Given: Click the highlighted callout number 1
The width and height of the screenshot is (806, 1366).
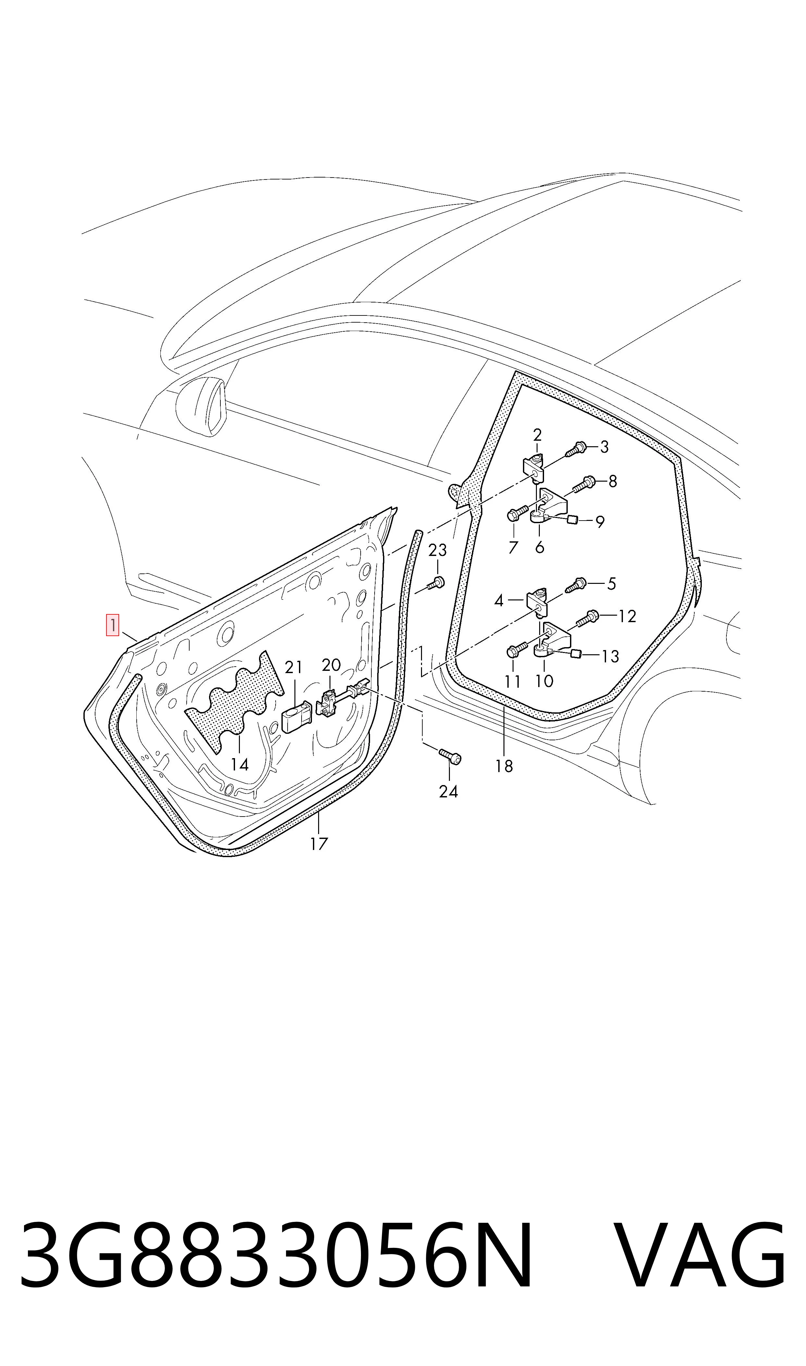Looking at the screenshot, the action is point(112,625).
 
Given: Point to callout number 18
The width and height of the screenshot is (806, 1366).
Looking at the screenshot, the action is point(504,766).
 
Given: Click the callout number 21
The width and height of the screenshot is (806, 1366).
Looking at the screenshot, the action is point(293,667).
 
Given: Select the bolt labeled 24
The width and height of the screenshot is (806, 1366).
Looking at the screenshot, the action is point(450,756).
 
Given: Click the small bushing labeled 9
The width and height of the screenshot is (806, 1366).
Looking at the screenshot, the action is point(571,520).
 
